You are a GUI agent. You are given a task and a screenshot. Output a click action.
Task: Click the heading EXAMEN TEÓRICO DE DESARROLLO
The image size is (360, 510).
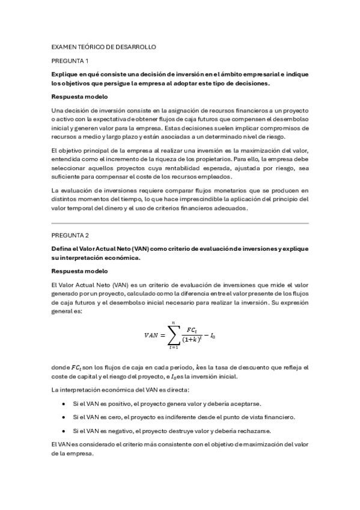[x=104, y=46]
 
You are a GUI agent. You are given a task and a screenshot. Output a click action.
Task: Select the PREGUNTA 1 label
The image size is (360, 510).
[x=70, y=61]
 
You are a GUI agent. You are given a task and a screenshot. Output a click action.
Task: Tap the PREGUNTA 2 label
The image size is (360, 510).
[x=70, y=235]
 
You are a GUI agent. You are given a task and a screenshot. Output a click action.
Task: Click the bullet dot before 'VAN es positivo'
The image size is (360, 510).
[x=63, y=404]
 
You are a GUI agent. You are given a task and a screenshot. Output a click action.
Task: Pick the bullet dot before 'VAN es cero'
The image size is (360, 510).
[x=63, y=417]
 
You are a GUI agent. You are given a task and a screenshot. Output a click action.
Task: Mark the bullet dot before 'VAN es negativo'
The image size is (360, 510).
[x=63, y=431]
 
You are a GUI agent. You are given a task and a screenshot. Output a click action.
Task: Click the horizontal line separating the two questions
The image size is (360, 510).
[x=180, y=223]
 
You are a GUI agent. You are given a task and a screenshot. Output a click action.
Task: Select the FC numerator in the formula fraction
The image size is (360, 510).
[x=191, y=330]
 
